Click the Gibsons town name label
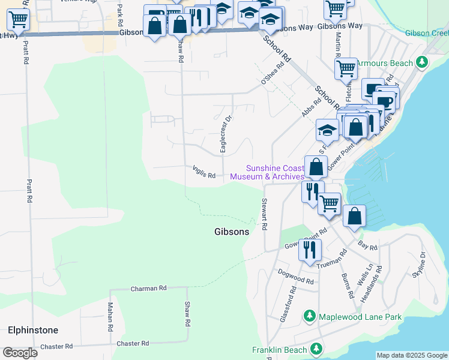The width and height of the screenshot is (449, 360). (x=232, y=232)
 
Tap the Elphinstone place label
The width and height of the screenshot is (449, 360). (x=33, y=330)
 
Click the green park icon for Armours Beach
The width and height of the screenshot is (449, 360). (x=423, y=62)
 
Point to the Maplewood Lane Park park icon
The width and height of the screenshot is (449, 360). (x=310, y=316)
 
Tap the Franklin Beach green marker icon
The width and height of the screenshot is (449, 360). (x=316, y=349)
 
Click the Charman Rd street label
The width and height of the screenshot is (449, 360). (x=148, y=289)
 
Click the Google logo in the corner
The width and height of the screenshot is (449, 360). (x=20, y=352)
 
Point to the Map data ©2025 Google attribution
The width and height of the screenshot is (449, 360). (x=412, y=355)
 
